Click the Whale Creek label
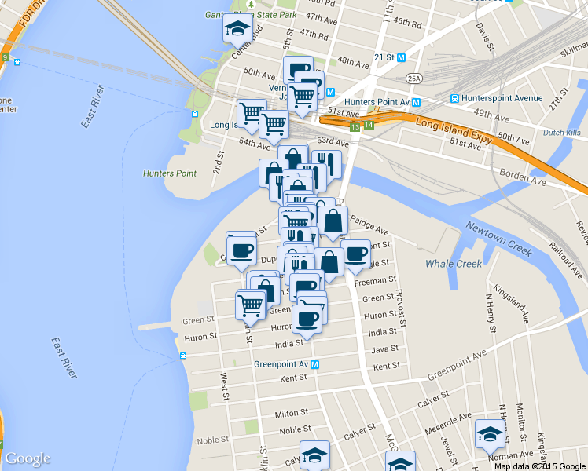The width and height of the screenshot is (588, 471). pyautogui.click(x=454, y=264)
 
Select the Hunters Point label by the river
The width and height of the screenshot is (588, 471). pyautogui.click(x=169, y=173)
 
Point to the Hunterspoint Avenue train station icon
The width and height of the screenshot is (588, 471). pyautogui.click(x=454, y=98)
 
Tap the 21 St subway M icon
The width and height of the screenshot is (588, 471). pyautogui.click(x=401, y=57)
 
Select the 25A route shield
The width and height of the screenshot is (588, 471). pyautogui.click(x=414, y=78)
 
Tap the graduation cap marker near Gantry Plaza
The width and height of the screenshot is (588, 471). pyautogui.click(x=237, y=29)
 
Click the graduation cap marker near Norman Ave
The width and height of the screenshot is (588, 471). pyautogui.click(x=489, y=433)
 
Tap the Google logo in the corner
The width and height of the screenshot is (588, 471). pyautogui.click(x=28, y=458)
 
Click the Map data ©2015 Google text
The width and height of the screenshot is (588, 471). pyautogui.click(x=539, y=466)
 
